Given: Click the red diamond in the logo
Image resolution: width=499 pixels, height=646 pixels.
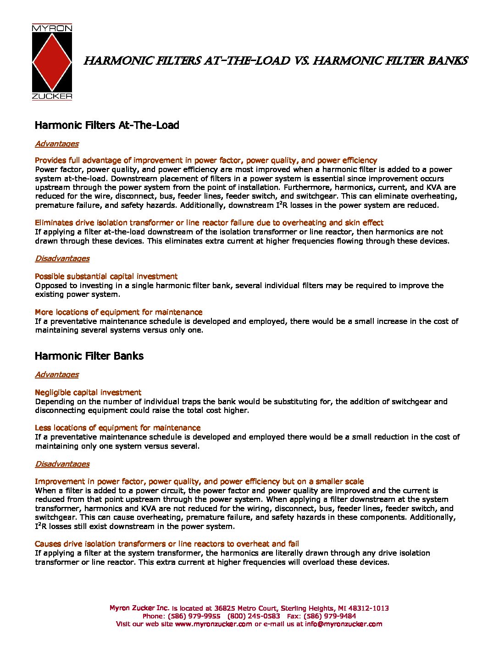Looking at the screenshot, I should click(52, 62).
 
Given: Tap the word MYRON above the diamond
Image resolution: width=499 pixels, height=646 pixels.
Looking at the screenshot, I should click(52, 28).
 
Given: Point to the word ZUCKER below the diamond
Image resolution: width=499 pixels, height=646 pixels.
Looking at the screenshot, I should click(52, 96).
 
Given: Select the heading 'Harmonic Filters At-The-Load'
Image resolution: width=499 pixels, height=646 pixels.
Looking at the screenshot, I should click(107, 125).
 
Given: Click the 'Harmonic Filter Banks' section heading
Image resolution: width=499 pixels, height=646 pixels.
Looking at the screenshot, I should click(89, 356).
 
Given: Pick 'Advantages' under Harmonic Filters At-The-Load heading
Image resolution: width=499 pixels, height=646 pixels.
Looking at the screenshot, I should click(57, 144).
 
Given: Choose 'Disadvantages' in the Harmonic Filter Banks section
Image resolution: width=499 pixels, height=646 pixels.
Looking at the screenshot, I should click(62, 464).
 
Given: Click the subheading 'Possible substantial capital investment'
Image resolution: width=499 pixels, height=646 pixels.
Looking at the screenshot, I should click(106, 276).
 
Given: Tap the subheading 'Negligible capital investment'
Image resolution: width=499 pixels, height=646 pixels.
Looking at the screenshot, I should click(88, 392).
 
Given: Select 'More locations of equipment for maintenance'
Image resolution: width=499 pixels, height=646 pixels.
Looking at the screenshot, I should click(118, 312).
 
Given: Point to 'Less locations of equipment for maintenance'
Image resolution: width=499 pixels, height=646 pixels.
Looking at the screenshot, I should click(117, 428).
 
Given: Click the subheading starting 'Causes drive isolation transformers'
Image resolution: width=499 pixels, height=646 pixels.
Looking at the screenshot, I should click(167, 544).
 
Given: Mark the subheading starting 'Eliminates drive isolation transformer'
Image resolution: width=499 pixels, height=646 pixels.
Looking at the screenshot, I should click(209, 223).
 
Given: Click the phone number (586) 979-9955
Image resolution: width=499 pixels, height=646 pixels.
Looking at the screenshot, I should click(194, 616).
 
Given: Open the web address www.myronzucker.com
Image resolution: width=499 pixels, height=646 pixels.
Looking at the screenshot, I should click(213, 624).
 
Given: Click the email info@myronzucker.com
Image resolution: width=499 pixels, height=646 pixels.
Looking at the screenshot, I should click(344, 624).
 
